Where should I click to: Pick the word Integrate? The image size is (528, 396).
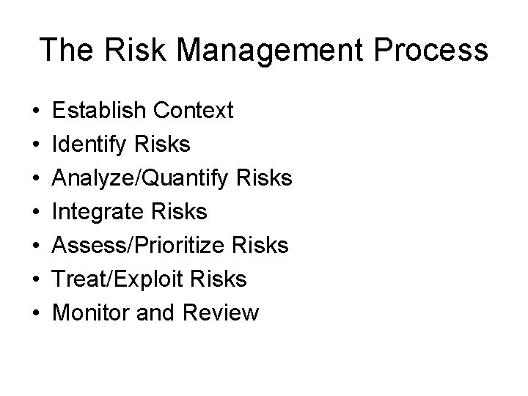(100, 212)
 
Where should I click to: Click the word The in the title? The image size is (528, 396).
(67, 51)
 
